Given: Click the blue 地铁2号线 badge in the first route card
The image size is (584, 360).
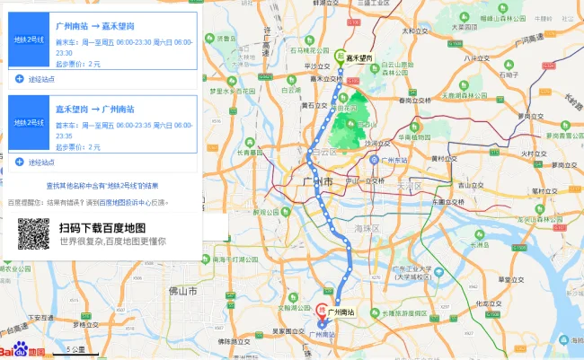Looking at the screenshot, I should click(29, 40).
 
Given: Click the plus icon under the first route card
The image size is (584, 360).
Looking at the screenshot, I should click(19, 79).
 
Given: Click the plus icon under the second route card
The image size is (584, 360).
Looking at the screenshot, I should click(19, 162).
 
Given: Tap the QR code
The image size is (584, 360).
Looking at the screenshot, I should click(33, 234).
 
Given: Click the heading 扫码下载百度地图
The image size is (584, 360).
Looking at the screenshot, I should click(102, 228).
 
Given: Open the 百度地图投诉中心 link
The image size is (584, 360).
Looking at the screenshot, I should click(117, 203).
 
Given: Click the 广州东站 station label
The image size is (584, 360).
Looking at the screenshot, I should click(390, 161).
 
